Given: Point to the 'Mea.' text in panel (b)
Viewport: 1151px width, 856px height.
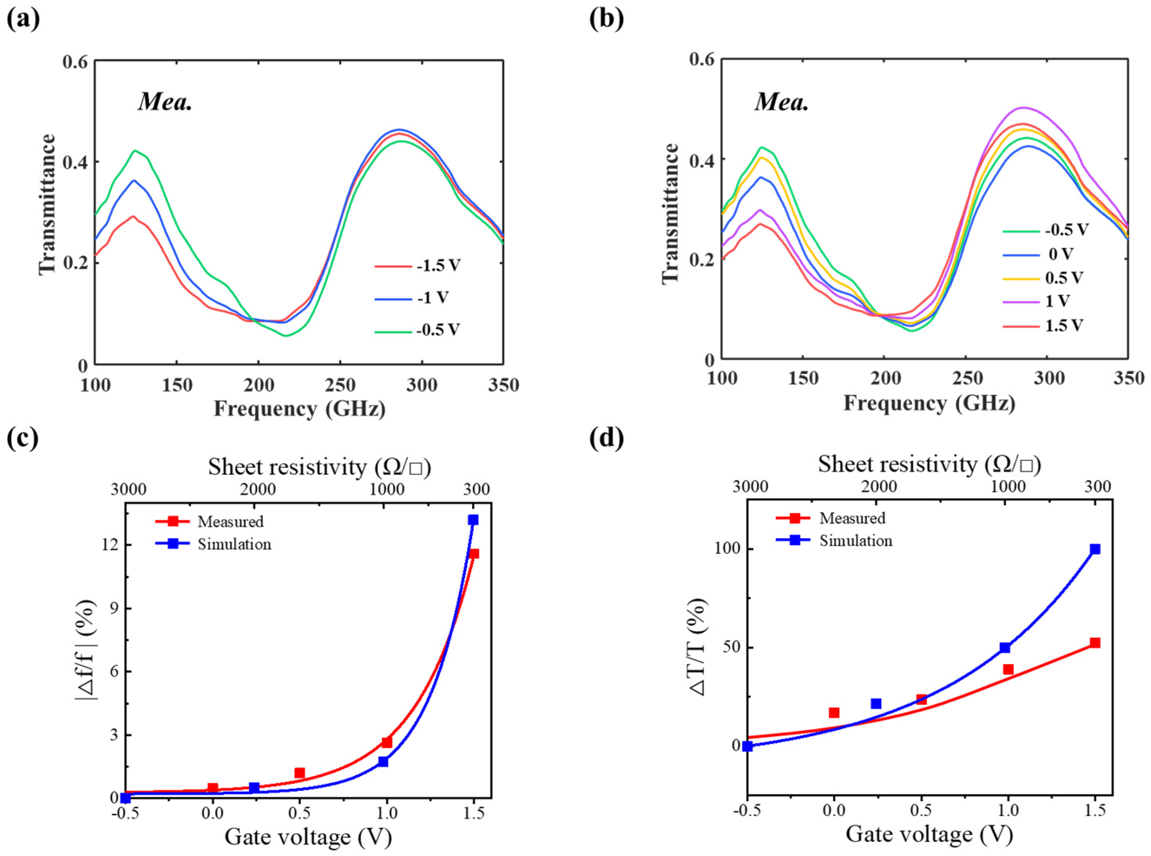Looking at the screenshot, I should pos(782,102).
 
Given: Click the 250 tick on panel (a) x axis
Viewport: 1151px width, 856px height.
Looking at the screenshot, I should pos(340,385).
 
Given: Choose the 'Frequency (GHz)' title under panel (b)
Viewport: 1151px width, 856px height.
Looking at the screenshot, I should pos(929,403).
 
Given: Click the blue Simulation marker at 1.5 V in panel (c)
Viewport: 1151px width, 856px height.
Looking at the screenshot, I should pos(473,520).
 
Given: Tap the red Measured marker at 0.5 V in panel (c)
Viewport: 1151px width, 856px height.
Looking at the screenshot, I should pos(299,773).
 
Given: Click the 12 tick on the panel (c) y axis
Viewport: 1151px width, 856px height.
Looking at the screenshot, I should pos(113,545).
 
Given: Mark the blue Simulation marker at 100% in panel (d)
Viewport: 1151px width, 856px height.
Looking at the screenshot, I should pos(1095,549).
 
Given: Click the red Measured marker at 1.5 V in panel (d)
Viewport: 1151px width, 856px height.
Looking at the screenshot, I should pos(1095,642).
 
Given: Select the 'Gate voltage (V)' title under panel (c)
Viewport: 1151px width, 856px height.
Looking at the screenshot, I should pos(308,837).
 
